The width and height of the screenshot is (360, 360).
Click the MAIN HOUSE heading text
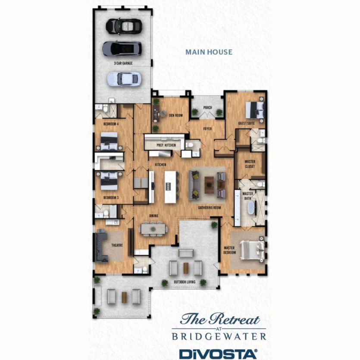pos(209,52)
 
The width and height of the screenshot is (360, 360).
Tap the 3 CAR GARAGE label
pos(123,63)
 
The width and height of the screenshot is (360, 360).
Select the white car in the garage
pos(123,78)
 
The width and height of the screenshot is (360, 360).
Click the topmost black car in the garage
pos(124,26)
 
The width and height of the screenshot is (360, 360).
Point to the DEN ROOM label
pos(176,115)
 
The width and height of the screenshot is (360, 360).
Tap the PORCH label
pos(207,108)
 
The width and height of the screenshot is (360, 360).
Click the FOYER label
pos(209,128)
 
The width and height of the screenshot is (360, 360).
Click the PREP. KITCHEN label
pos(166,146)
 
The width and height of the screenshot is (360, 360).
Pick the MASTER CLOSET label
pos(250,164)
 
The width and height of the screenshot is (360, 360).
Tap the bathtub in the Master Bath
pos(250,210)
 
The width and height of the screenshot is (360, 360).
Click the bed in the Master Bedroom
pos(252,250)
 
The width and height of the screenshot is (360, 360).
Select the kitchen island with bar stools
pos(171,187)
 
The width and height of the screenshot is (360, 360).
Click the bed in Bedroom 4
pos(108,141)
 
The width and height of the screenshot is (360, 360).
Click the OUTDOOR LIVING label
pos(185,282)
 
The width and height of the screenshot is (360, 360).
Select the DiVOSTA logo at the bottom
pos(218,354)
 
